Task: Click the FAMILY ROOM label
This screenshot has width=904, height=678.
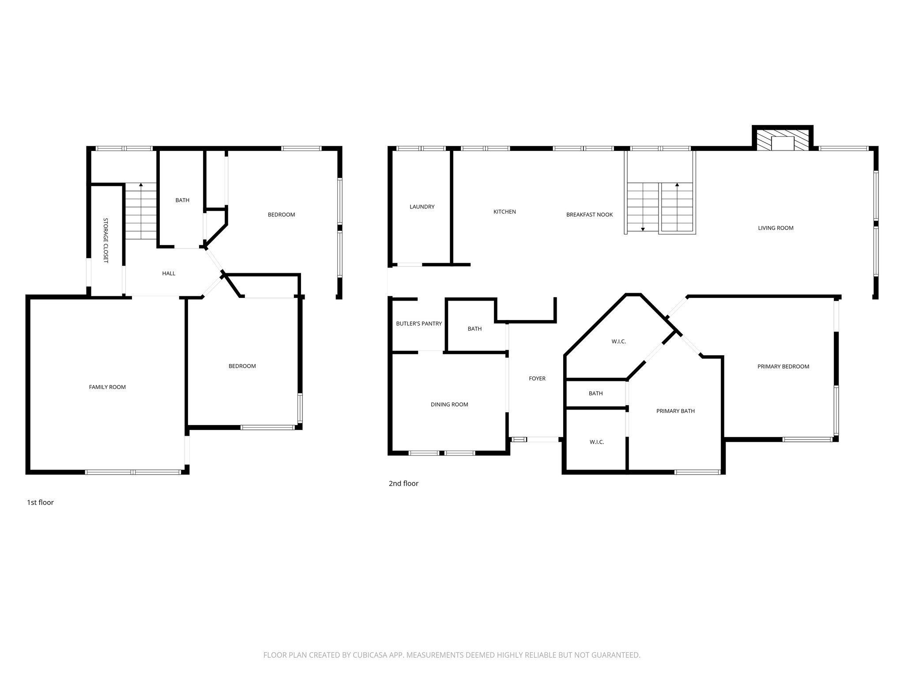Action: point(107,387)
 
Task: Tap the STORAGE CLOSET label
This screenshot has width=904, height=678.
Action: point(106,240)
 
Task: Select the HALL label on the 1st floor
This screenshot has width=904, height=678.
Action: point(169,274)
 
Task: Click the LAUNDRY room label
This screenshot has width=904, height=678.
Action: point(422,207)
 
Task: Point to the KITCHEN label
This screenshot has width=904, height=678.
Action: point(505,212)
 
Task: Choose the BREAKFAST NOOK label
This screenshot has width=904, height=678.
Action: point(589,215)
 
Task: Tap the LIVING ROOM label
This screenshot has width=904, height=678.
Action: point(776,228)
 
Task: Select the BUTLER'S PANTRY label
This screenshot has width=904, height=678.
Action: point(419,324)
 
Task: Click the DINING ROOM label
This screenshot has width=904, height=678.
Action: point(449,404)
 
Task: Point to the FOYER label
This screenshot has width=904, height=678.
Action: point(537,379)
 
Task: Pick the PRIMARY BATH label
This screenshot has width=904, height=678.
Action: point(675,411)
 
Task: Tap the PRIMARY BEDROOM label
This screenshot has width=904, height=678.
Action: point(783,366)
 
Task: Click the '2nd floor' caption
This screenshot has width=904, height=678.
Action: point(403,483)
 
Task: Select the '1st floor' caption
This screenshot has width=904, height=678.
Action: point(40,502)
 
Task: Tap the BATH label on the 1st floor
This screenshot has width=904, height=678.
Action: point(182,200)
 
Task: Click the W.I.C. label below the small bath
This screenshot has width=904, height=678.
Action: point(596,442)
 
